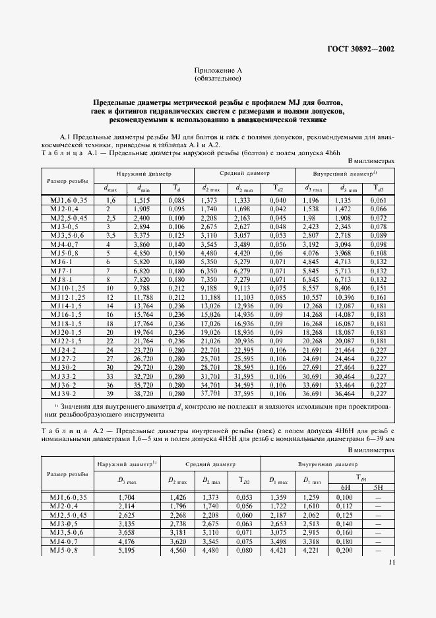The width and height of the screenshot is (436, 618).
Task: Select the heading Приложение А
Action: coord(218,70)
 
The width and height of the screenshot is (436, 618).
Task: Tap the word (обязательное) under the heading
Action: coord(218,79)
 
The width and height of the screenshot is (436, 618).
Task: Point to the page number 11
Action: coord(392,563)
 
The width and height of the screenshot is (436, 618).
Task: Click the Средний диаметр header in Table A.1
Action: coord(244,174)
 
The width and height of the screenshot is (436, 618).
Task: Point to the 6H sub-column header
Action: coord(344,488)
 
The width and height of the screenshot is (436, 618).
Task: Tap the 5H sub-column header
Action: coord(378,488)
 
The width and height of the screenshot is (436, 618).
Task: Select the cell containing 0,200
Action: coord(344,549)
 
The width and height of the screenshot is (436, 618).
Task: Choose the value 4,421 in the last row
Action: coord(276,549)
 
